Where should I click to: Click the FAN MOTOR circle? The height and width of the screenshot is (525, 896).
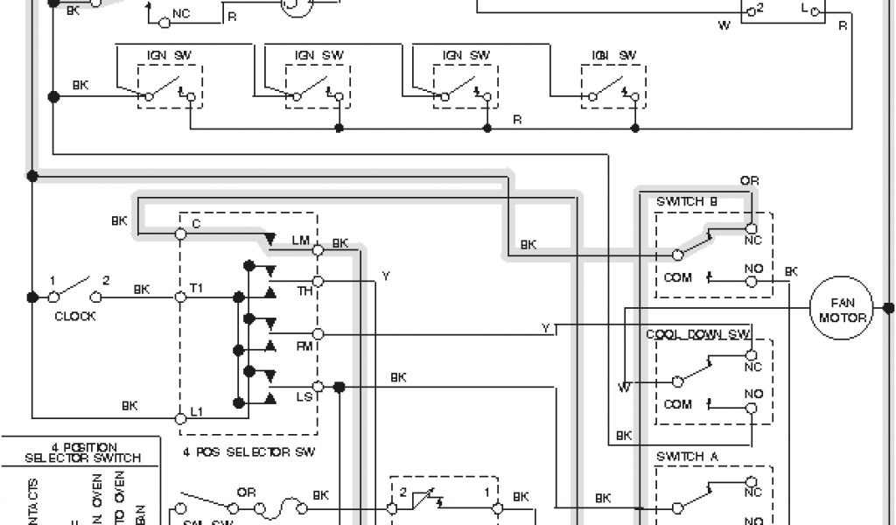point(843,310)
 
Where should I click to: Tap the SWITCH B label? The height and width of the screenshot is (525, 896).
point(687,201)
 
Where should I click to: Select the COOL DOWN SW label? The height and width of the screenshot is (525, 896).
point(698,334)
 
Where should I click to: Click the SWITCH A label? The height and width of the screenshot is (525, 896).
point(687,456)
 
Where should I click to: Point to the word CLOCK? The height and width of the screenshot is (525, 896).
point(75,316)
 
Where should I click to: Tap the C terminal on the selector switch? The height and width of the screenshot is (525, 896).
point(180,234)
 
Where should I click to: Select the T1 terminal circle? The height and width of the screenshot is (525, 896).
point(180,297)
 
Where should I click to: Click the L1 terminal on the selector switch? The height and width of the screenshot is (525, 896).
point(180,411)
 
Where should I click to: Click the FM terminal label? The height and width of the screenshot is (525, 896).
point(304,346)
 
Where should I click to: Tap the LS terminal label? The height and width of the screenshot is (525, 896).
point(304,398)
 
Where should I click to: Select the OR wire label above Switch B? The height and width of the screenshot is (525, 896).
point(749,181)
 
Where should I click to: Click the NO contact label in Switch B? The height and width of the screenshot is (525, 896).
point(752,268)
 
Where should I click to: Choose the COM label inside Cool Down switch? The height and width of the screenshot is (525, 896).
point(678,404)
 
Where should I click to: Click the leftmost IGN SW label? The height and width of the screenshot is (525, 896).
point(168,55)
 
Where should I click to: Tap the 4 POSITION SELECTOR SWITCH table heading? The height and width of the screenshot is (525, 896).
point(84,452)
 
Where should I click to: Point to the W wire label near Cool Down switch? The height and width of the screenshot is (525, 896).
point(623,386)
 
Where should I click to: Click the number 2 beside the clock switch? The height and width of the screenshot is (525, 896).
point(107,281)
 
